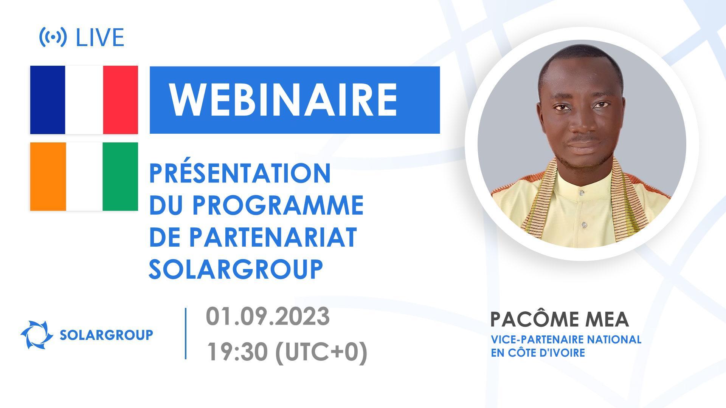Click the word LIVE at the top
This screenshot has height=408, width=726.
(x=100, y=38)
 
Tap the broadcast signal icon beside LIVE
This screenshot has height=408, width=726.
(x=53, y=37)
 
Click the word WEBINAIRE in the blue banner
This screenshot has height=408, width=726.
(x=284, y=100)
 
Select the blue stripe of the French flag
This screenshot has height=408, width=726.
(x=48, y=100)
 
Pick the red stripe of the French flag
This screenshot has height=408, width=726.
(x=120, y=100)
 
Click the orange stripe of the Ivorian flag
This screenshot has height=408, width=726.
(x=48, y=176)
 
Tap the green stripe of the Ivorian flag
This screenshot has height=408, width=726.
(x=120, y=176)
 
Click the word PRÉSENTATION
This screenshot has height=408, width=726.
(x=240, y=173)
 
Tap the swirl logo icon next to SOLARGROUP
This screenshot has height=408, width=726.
(x=37, y=335)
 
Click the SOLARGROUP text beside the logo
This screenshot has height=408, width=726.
(x=107, y=335)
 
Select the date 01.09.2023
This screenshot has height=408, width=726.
(x=268, y=317)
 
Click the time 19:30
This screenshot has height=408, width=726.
(x=237, y=352)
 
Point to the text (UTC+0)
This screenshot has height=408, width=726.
(x=321, y=352)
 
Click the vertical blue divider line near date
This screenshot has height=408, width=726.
(x=186, y=333)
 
